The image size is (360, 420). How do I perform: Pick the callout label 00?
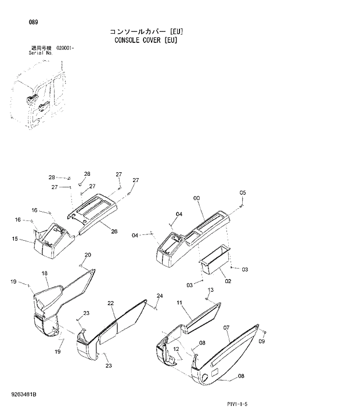pos(197,198)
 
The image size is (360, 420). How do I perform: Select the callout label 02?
pos(228,281)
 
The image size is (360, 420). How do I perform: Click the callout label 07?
pos(226,328)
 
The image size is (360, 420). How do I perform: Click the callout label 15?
pos(15,238)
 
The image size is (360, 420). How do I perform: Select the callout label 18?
pos(44,273)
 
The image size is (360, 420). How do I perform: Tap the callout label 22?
pos(110,303)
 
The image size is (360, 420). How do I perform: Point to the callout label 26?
pos(114,231)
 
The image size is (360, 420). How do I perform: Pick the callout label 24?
pos(159,296)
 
